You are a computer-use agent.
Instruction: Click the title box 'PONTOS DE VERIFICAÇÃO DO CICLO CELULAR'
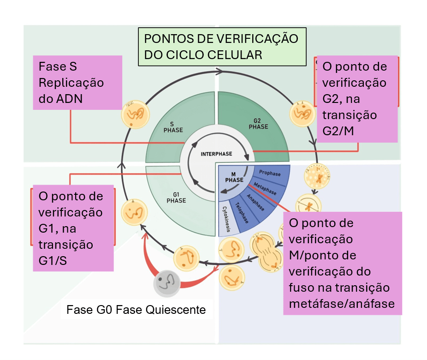pyautogui.click(x=222, y=47)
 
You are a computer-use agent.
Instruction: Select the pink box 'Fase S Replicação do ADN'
pyautogui.click(x=77, y=83)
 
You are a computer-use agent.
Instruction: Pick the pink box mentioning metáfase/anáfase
pyautogui.click(x=342, y=263)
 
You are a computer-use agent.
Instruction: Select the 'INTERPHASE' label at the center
pyautogui.click(x=216, y=154)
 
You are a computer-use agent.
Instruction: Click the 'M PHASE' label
pyautogui.click(x=234, y=177)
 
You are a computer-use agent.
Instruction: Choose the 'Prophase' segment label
pyautogui.click(x=270, y=174)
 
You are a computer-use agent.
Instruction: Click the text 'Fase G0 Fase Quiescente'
pyautogui.click(x=136, y=309)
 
